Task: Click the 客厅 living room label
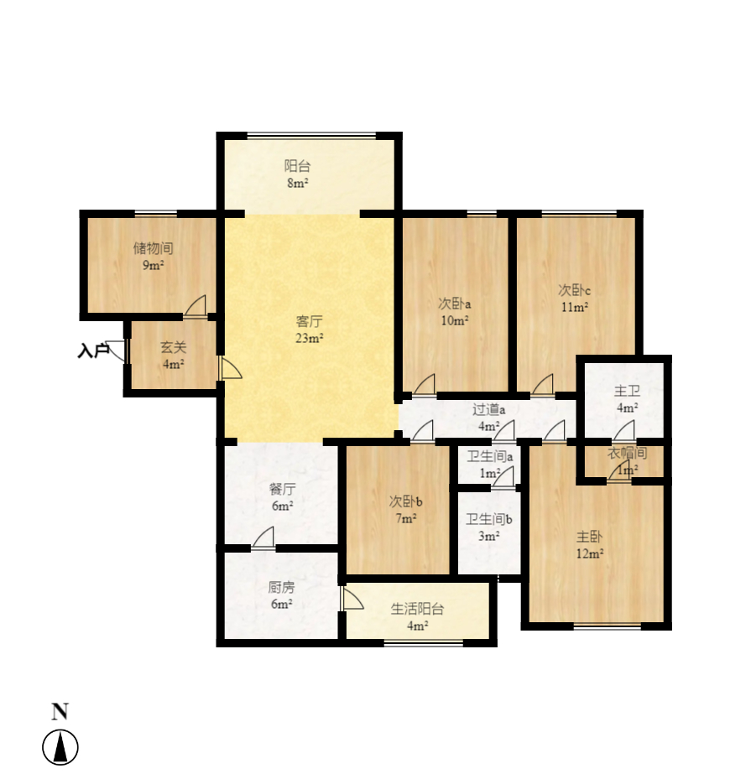click(x=309, y=321)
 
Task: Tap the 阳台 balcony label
click(x=297, y=166)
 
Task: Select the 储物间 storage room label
click(x=153, y=248)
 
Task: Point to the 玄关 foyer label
click(x=173, y=347)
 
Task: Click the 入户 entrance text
click(x=93, y=351)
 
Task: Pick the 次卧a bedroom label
click(x=454, y=303)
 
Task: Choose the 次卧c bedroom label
click(x=574, y=289)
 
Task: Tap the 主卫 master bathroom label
click(x=627, y=391)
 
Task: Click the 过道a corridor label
click(x=488, y=410)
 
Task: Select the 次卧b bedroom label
click(x=405, y=501)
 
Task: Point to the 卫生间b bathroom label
click(x=488, y=520)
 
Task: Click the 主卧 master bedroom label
click(x=589, y=537)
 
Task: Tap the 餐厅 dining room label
click(x=282, y=490)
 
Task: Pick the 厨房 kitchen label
click(x=281, y=588)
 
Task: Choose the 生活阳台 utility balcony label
click(x=417, y=609)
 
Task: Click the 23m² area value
click(x=309, y=338)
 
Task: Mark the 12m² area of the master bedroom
click(x=589, y=553)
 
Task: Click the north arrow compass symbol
click(x=60, y=747)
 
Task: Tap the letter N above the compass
click(x=60, y=712)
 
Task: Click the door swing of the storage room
click(x=196, y=305)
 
